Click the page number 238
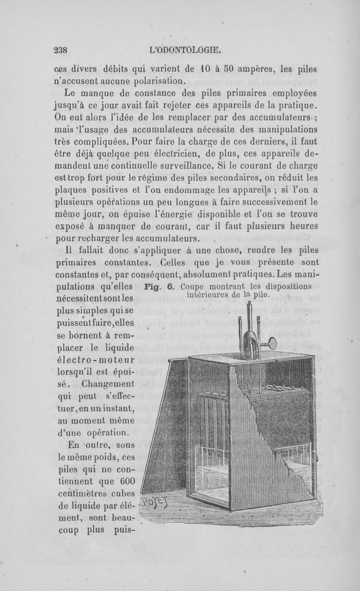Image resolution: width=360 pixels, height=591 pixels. [x=60, y=50]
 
